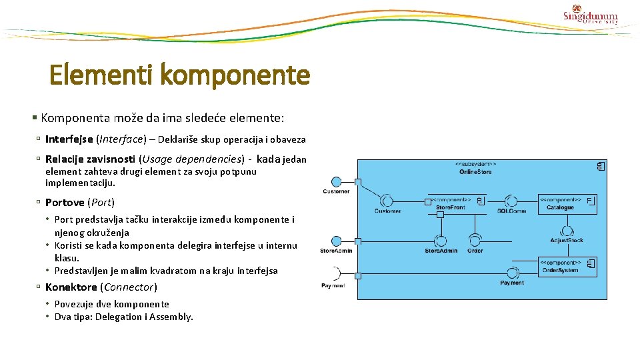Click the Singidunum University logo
click(x=591, y=14)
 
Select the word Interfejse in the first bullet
click(x=69, y=139)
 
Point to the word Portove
click(x=65, y=202)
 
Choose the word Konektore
click(x=71, y=287)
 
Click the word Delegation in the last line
click(x=123, y=317)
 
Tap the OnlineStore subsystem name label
click(x=475, y=172)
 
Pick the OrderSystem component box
click(x=566, y=267)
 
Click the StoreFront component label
click(x=451, y=207)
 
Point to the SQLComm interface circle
click(x=511, y=201)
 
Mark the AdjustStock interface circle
click(x=567, y=230)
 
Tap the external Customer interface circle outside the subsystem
click(x=337, y=181)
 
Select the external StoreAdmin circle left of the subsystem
click(x=337, y=241)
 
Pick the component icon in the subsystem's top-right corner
click(x=601, y=166)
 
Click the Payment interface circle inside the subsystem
click(x=512, y=273)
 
